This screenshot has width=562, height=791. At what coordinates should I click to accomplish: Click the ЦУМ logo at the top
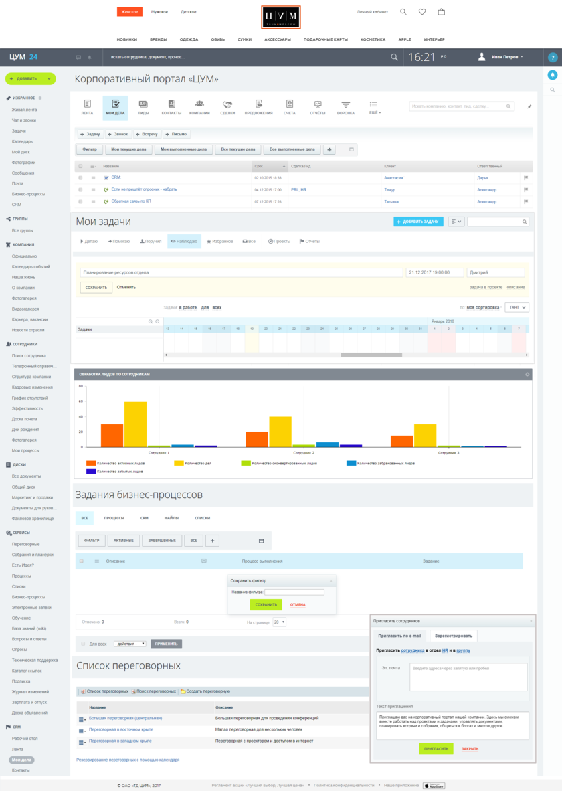280,17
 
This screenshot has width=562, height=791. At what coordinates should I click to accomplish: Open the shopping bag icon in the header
441,12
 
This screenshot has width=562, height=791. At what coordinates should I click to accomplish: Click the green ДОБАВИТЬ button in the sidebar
30,79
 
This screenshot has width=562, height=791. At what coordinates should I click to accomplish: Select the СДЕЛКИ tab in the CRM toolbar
227,107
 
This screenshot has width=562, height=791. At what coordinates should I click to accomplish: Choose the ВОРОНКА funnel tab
345,107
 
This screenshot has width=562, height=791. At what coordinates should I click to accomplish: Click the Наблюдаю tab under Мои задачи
184,241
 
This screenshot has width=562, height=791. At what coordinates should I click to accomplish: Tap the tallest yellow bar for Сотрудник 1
135,424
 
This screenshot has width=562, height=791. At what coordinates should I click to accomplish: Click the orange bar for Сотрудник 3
401,441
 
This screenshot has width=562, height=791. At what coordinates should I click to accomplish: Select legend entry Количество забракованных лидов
381,463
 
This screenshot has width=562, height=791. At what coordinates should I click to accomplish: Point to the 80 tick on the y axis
81,386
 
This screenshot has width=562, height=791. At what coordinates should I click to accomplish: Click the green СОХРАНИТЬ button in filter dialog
266,604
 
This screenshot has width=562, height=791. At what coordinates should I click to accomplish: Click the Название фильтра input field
294,592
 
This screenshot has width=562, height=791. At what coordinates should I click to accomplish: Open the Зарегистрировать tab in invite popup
453,636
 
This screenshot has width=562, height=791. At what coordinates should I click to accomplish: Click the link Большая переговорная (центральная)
125,718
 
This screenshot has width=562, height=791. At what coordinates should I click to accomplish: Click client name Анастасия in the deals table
393,178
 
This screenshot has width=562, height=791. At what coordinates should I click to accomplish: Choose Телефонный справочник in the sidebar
33,366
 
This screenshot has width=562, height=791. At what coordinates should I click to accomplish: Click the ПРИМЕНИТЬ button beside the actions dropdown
166,644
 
